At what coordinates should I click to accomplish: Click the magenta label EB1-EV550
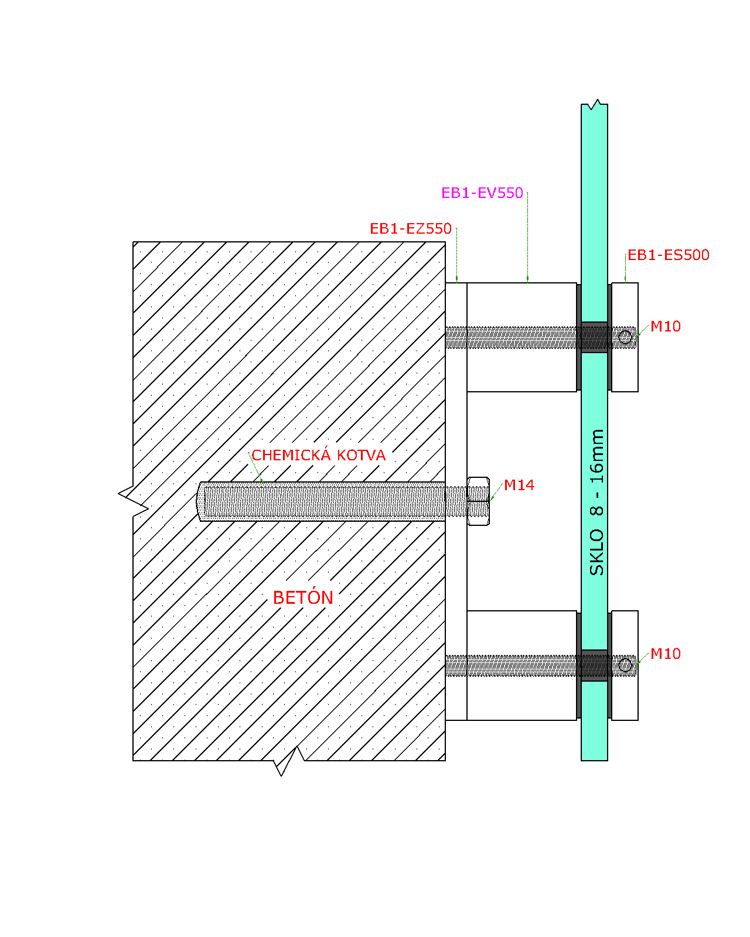coord(482,193)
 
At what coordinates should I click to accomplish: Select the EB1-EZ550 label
coord(411,228)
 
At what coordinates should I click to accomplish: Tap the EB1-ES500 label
coord(668,255)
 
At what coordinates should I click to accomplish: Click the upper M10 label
coord(666,326)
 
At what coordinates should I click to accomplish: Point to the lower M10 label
coord(666,654)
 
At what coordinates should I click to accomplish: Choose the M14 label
coord(519,485)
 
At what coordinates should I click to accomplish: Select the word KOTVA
coord(362,455)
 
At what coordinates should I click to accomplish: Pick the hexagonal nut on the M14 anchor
coord(478,501)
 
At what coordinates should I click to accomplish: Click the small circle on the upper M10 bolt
coord(625,337)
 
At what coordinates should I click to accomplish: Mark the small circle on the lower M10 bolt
coord(625,665)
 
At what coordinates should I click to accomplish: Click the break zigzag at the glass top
coord(594,104)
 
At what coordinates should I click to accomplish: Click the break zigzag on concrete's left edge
coord(134,501)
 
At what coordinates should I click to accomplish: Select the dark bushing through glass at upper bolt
coord(594,337)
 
